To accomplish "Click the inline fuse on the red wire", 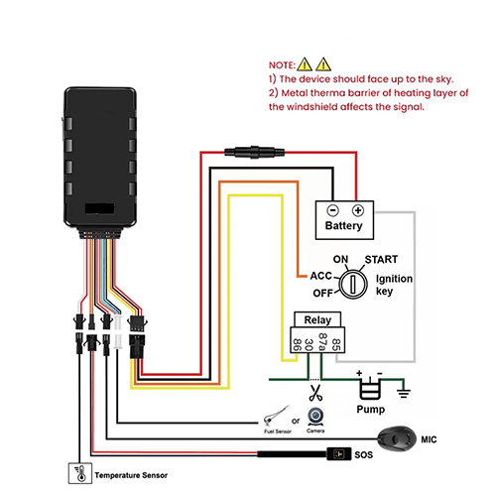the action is (x=254, y=152).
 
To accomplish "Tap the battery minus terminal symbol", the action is (x=332, y=210).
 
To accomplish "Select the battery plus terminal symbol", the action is (x=358, y=210).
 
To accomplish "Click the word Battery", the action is (x=343, y=226).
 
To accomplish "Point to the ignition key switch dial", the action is (x=353, y=284).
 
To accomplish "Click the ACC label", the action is (x=320, y=276).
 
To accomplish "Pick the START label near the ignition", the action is (x=381, y=260).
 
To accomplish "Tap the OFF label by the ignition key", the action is (x=322, y=293).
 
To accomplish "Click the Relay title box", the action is (x=317, y=319).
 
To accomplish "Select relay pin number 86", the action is (x=298, y=344).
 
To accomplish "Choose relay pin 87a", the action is (x=322, y=341).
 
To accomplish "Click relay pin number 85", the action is (x=336, y=344).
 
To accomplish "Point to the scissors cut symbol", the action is (x=315, y=393).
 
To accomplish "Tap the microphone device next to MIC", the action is (x=397, y=438).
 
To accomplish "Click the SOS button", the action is (x=339, y=454).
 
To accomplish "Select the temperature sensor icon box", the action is (x=80, y=473).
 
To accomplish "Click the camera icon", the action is (x=315, y=418).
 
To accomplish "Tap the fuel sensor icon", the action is (x=276, y=417).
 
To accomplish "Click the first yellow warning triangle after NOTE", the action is (x=305, y=64).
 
